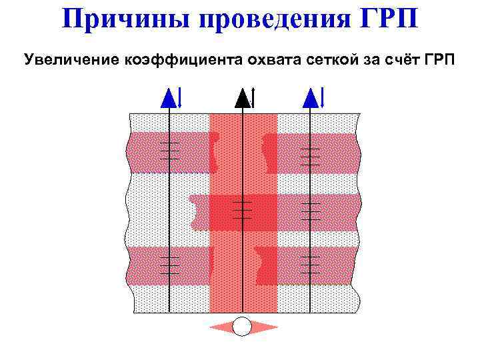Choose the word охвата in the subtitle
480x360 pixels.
tap(274, 60)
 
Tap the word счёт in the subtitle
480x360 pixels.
tap(400, 60)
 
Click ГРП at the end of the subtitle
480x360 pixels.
tap(438, 60)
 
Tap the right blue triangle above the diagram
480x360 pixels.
tap(310, 99)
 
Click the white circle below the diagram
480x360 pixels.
tap(243, 327)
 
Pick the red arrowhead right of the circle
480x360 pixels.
tap(265, 327)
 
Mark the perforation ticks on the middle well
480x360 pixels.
tap(243, 209)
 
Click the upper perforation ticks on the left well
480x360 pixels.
tap(170, 151)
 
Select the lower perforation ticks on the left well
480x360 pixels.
tap(170, 265)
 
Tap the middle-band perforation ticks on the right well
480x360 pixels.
tap(310, 210)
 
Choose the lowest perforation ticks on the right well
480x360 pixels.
tap(310, 265)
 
